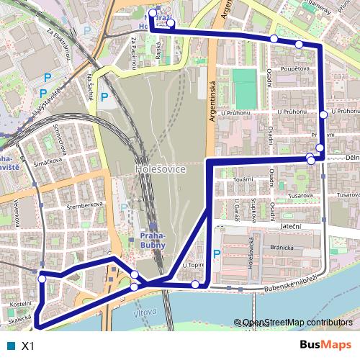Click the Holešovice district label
pos(161,168)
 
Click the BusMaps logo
pos(325,346)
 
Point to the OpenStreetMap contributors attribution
pos(297,323)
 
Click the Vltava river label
pos(145,315)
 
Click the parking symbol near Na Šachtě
pos(104,96)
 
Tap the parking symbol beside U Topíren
pos(216,253)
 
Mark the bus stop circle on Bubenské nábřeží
pos(195,284)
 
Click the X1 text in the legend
pos(28,346)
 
